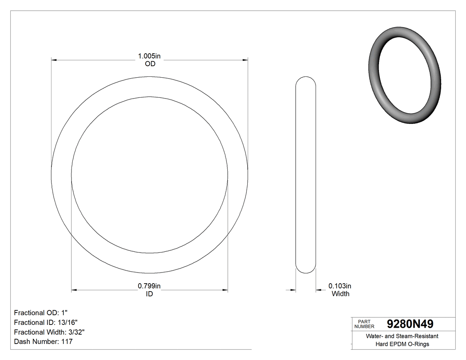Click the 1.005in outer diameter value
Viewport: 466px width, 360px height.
click(150, 56)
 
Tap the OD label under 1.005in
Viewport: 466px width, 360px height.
click(150, 64)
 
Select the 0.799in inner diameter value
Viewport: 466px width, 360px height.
click(150, 286)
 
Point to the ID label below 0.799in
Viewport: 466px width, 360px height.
click(150, 294)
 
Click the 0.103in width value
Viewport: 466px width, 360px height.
click(340, 286)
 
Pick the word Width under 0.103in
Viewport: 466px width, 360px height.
click(340, 294)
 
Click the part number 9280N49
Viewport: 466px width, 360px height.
click(410, 324)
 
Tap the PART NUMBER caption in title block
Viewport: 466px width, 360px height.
click(364, 324)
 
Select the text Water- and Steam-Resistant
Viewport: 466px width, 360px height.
click(402, 336)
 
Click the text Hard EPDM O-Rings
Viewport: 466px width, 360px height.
click(402, 344)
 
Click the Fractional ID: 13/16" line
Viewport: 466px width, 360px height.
click(46, 322)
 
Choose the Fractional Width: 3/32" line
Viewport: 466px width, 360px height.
click(49, 332)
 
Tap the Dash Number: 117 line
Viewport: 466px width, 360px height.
click(43, 342)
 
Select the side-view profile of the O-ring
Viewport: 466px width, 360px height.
click(306, 175)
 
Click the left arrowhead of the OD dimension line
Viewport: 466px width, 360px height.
click(55, 59)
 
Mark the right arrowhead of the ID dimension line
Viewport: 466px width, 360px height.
click(225, 290)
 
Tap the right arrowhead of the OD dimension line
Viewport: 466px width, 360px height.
click(245, 59)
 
